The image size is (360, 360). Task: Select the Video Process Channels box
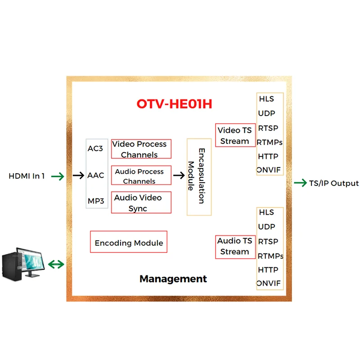141,149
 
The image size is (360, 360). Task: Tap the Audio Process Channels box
141,176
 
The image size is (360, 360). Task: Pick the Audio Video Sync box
141,202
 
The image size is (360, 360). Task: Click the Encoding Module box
129,243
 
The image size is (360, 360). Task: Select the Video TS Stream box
234,135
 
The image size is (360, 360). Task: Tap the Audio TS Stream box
234,246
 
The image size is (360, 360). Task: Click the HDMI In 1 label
27,176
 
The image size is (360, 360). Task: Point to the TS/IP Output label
333,183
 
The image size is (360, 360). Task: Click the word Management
173,279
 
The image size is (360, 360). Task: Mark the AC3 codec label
95,148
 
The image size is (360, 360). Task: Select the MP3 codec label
95,201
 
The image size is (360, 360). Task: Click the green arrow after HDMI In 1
58,176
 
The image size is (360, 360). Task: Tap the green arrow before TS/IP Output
300,183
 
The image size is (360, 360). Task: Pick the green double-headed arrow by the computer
56,264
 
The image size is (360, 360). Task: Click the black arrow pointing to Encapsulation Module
179,175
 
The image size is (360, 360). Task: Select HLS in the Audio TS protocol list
266,212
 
